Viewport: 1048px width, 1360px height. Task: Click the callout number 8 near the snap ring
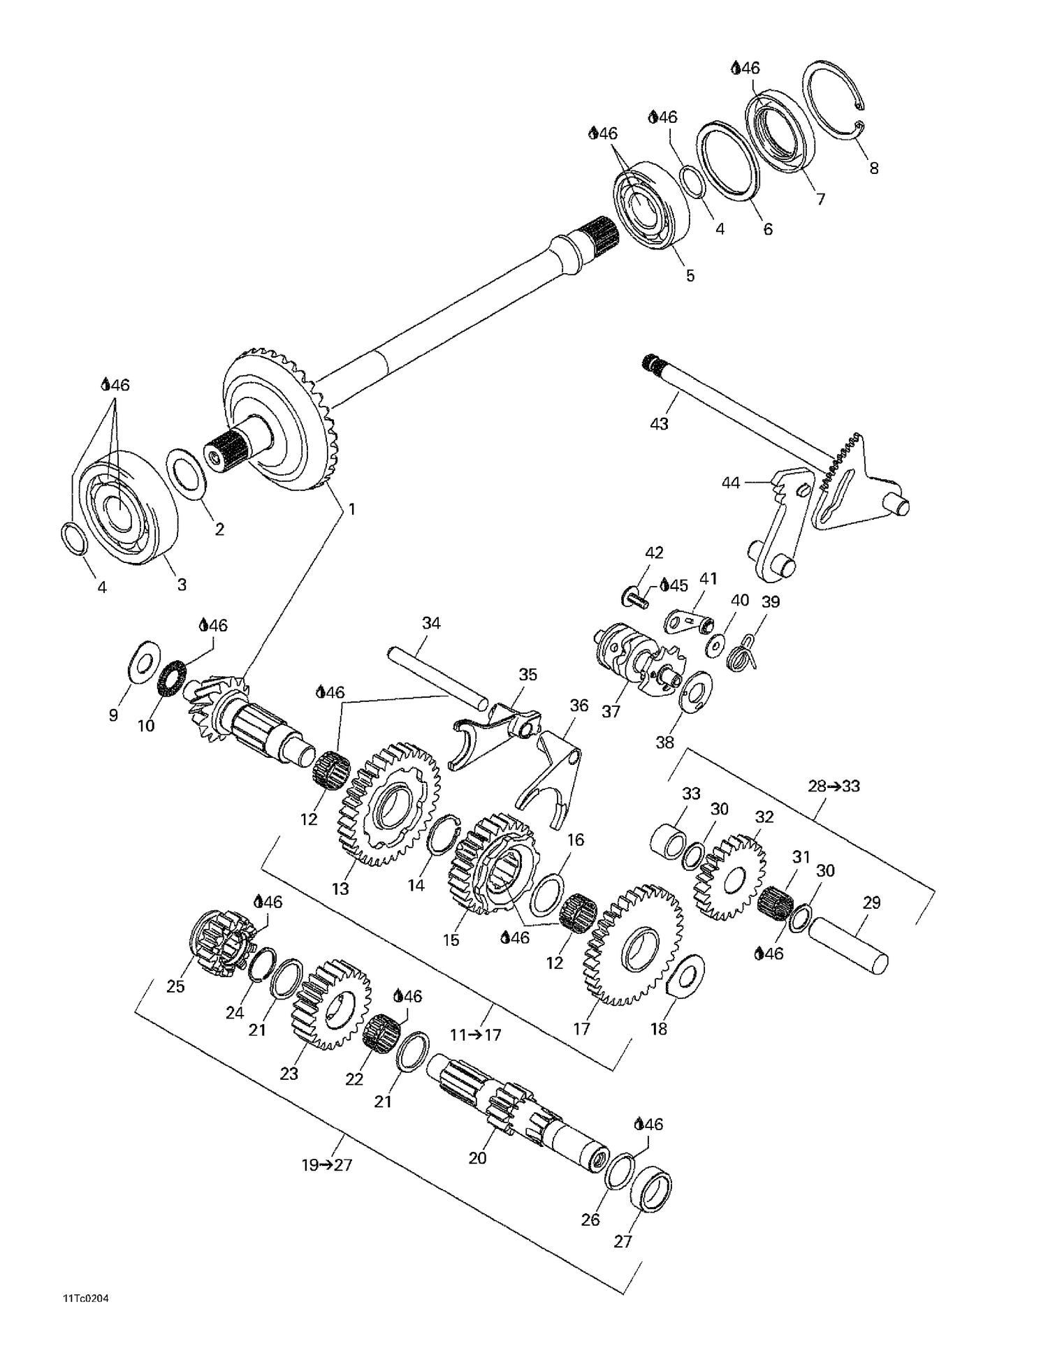(x=873, y=168)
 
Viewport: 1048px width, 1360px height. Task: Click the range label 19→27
(x=327, y=1164)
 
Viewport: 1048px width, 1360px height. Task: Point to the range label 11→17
(x=475, y=1034)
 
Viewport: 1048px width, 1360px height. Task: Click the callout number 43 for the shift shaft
(x=659, y=423)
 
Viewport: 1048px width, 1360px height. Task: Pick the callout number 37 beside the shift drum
(x=611, y=711)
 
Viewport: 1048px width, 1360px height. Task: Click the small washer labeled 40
(x=715, y=645)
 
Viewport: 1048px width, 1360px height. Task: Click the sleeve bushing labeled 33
(x=669, y=841)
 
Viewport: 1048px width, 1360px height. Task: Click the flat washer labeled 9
(x=143, y=660)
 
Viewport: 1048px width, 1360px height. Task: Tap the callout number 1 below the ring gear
(x=351, y=509)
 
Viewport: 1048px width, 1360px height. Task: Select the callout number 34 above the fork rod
(x=431, y=623)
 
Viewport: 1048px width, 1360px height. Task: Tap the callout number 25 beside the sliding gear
(x=175, y=986)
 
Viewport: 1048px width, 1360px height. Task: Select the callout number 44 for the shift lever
(x=730, y=483)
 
